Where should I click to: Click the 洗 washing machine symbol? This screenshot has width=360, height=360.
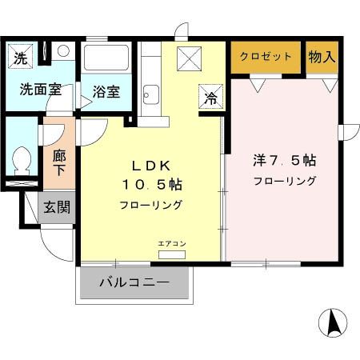coord(21,58)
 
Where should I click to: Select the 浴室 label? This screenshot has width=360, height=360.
coord(106,90)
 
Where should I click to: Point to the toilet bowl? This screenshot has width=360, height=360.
coord(22,161)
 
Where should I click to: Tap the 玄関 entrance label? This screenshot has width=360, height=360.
coord(56,207)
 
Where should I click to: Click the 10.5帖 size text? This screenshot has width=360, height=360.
coord(152,185)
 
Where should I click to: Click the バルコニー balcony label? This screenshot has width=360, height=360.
coord(134,282)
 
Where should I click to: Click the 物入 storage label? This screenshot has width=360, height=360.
coord(322,57)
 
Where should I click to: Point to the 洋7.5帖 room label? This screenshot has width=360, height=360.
coord(285,160)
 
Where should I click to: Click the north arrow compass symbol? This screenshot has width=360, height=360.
coord(333,322)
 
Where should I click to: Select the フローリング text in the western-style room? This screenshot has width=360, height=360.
coord(285,181)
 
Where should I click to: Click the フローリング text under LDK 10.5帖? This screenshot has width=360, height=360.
coord(152,205)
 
